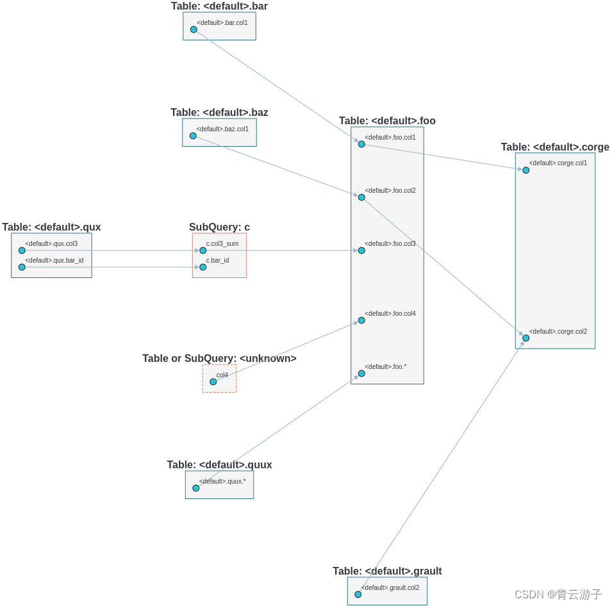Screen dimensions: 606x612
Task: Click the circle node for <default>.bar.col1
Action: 194,29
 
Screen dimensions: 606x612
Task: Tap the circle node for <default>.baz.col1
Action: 193,136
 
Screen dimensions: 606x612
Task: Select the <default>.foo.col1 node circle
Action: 361,144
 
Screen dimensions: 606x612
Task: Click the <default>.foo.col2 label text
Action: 390,190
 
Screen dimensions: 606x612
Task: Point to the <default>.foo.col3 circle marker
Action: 361,250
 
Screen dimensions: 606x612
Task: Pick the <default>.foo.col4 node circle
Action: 361,320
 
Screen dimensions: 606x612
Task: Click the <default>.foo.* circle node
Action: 361,373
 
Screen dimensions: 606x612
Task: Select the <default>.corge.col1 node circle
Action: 525,170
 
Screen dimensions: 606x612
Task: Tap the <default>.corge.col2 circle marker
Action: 525,338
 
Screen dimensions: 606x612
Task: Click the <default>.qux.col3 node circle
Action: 22,250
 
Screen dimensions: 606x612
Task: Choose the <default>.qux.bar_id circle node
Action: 22,267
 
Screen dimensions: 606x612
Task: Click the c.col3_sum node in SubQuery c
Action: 203,250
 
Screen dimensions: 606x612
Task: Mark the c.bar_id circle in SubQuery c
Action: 203,267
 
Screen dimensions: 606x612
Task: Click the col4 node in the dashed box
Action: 213,382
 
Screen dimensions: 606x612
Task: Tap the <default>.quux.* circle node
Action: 196,488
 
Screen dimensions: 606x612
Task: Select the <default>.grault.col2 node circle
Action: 358,594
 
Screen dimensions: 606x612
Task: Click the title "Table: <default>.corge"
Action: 555,147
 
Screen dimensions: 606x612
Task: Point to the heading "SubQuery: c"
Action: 219,227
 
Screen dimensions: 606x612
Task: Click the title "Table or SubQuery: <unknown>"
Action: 219,359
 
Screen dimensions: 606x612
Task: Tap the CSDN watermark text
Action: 558,594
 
